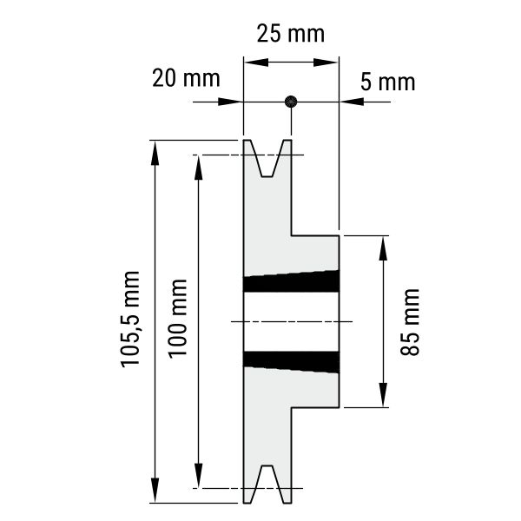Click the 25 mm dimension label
tap(291, 34)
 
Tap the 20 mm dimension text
tap(186, 78)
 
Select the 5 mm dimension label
tap(388, 82)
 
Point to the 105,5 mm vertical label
tap(130, 320)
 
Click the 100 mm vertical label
tap(177, 319)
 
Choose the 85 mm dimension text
tap(410, 322)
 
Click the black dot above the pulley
tap(291, 102)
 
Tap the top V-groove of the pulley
tap(267, 159)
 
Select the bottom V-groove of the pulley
tap(267, 485)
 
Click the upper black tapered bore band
tap(292, 281)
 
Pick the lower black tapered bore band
tap(292, 362)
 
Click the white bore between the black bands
tap(292, 321)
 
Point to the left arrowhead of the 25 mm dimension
tap(256, 63)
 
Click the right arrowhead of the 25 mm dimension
tap(326, 63)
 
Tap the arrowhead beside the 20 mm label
tap(230, 102)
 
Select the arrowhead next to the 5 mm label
tap(352, 102)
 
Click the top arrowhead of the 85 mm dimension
tap(383, 248)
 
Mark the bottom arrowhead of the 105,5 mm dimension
tap(155, 490)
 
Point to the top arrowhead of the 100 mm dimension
tap(198, 168)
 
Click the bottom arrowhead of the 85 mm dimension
tap(383, 395)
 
